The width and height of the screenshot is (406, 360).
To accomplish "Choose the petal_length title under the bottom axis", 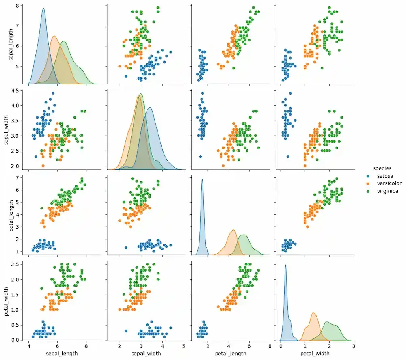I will point(230,354).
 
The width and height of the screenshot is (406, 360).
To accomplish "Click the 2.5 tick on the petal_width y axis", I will point(19,265).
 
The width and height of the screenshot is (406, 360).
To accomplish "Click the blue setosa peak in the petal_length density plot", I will point(202,179).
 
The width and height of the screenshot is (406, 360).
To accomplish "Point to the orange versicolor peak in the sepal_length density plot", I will point(54,36).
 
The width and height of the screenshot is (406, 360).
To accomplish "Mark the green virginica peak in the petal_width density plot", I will point(328,322).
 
